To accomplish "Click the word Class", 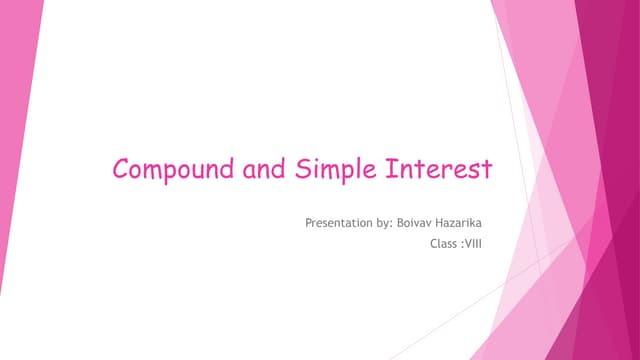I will [x=441, y=241].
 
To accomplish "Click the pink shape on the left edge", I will [x=15, y=150].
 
